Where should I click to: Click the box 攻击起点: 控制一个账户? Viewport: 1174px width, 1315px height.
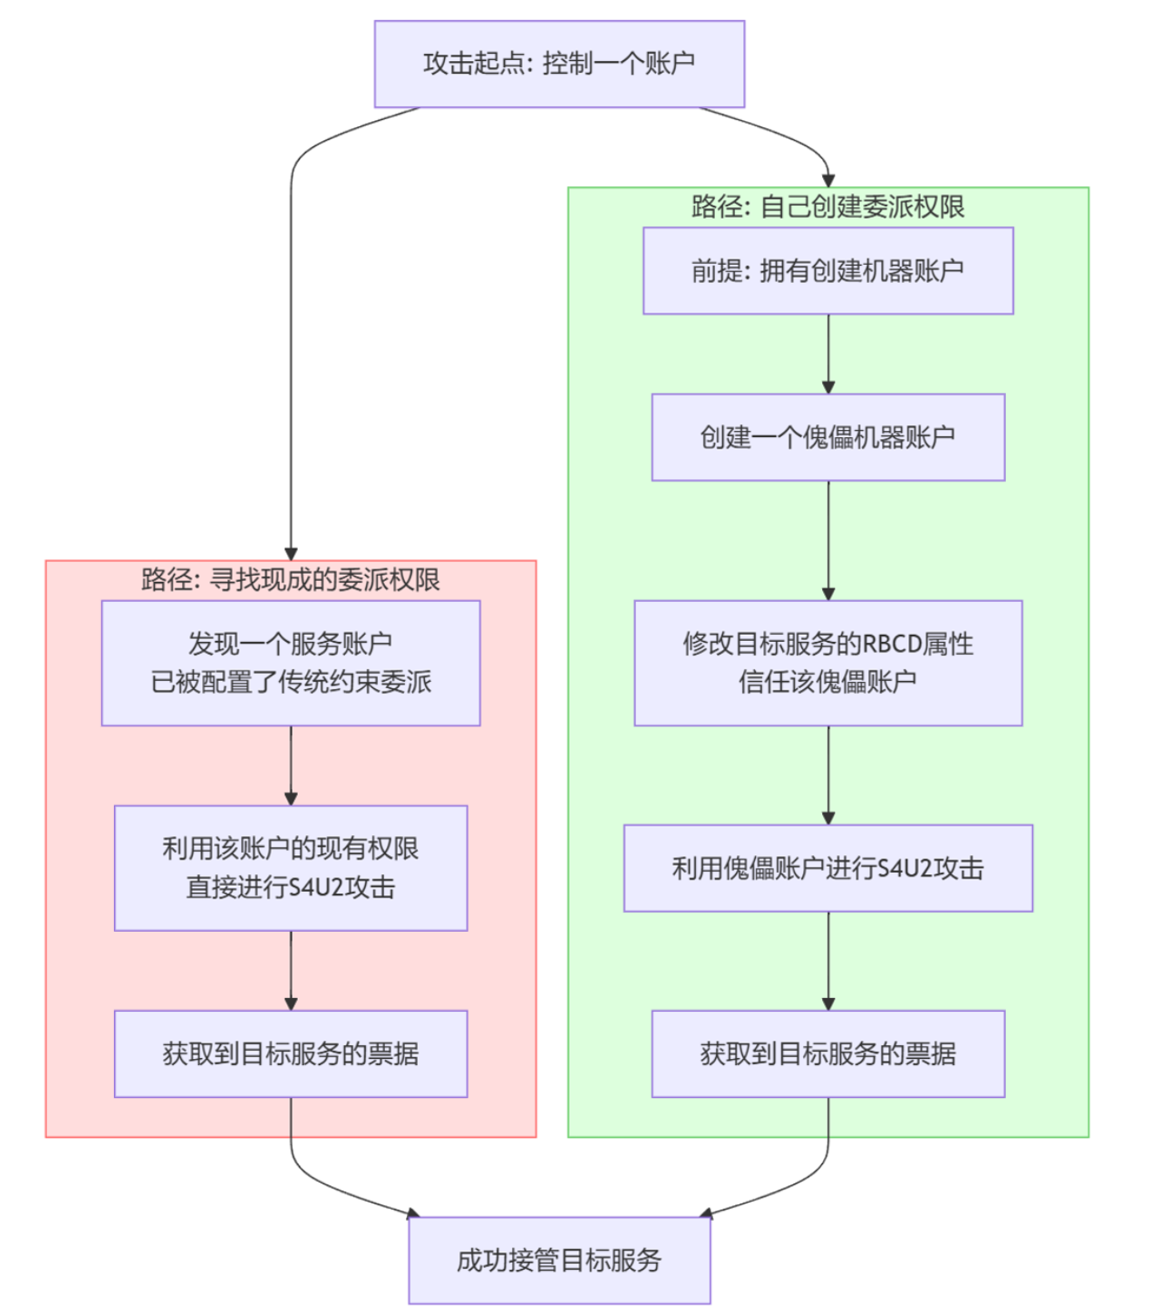point(559,64)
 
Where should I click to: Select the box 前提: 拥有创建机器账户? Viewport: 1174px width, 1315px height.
point(827,271)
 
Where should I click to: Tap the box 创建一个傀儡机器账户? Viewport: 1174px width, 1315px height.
point(827,437)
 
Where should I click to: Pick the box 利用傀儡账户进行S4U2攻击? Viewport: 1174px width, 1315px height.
point(827,868)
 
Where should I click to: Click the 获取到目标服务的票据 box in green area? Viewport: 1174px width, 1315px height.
point(827,1054)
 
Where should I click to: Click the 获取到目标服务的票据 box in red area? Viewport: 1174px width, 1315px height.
point(291,1054)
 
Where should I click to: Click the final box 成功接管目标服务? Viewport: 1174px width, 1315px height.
point(559,1260)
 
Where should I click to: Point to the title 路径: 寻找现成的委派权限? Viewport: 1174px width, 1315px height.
point(291,580)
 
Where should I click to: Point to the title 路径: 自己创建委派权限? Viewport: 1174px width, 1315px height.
point(827,207)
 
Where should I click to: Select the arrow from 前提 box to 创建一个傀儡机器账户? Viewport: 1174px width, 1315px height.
point(828,354)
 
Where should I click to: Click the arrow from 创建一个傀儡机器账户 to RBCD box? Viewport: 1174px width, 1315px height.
point(828,540)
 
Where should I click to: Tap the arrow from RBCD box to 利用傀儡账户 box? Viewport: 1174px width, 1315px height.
point(828,775)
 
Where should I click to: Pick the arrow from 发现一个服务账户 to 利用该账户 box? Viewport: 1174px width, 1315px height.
point(291,765)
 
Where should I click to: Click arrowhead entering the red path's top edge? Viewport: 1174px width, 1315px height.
point(291,554)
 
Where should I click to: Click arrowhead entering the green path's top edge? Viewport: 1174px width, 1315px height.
point(828,180)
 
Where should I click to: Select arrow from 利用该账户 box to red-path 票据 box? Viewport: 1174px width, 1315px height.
point(291,970)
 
